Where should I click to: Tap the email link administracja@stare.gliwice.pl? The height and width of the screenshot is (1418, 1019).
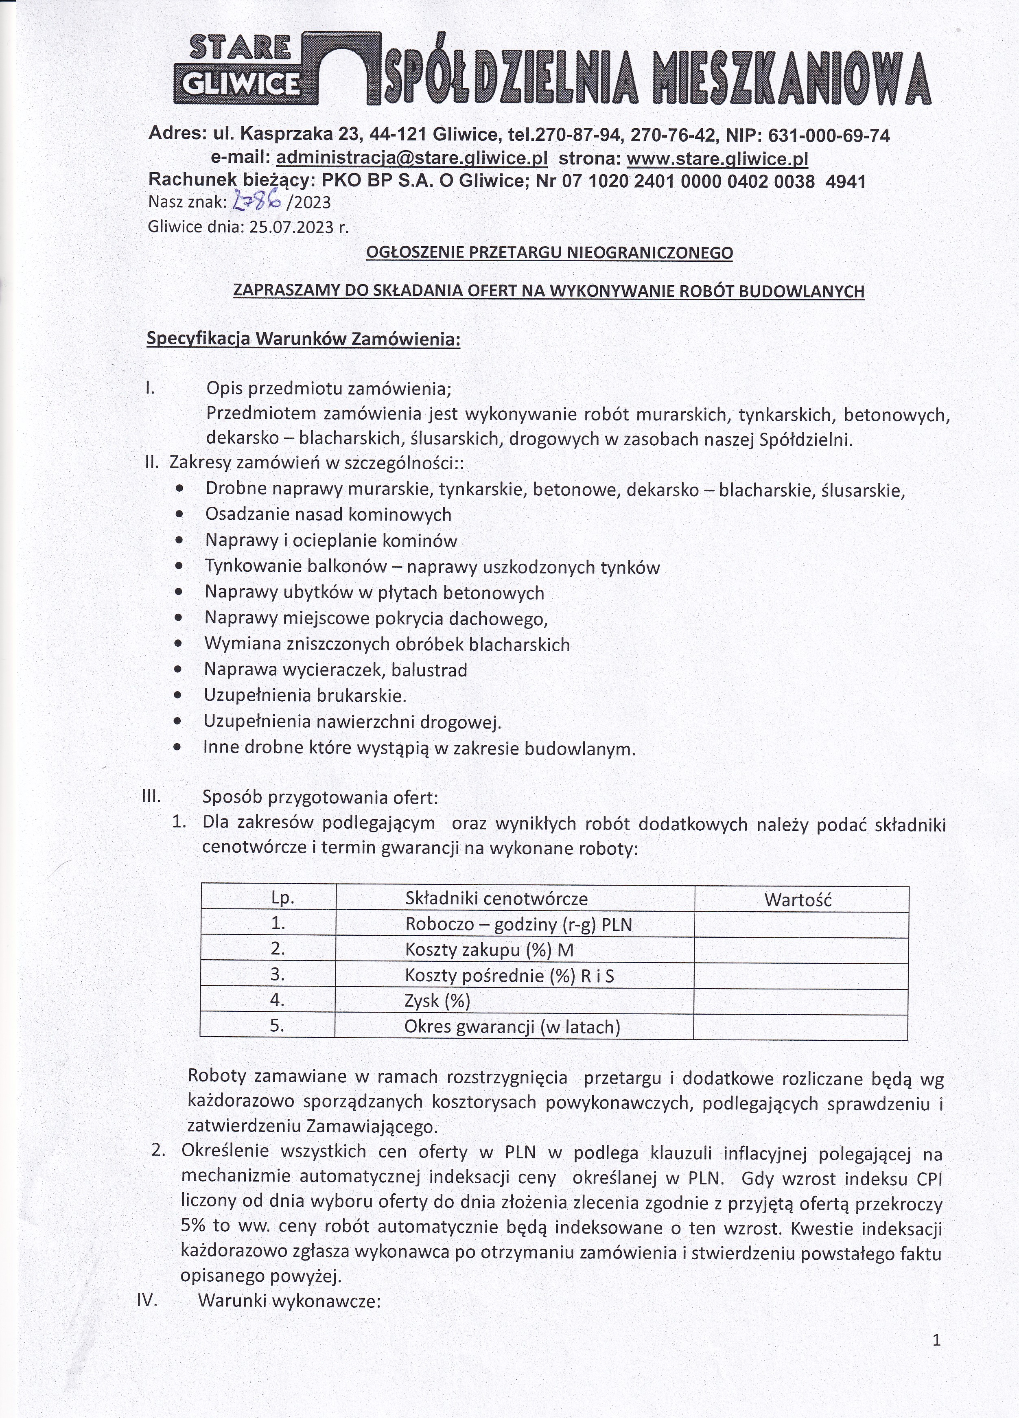click(x=411, y=158)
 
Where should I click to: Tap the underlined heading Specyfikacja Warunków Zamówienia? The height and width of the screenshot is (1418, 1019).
click(x=303, y=339)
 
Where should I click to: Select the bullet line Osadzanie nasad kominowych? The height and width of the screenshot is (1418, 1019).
click(x=328, y=514)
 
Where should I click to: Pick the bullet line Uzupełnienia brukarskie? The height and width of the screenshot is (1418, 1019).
click(x=305, y=695)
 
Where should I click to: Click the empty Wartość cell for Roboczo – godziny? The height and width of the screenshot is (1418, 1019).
click(x=801, y=925)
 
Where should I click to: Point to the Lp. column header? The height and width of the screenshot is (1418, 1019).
click(x=282, y=899)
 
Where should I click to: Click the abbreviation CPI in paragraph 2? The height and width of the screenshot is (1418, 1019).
click(x=929, y=1179)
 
